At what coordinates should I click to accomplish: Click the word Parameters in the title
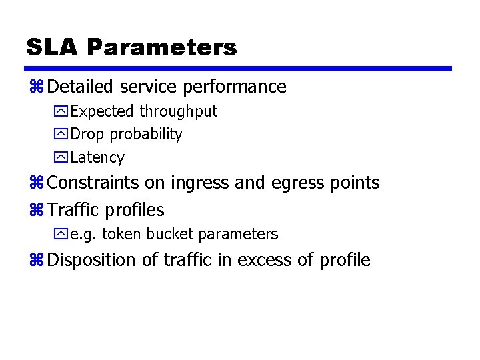[x=162, y=47]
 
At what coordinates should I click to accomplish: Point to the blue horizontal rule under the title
[x=238, y=68]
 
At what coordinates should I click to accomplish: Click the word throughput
[x=178, y=111]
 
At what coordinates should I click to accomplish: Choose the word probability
[x=146, y=135]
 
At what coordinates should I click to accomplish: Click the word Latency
[x=97, y=157]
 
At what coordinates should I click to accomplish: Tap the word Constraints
[x=94, y=183]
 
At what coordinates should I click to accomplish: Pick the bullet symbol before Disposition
[x=37, y=260]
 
